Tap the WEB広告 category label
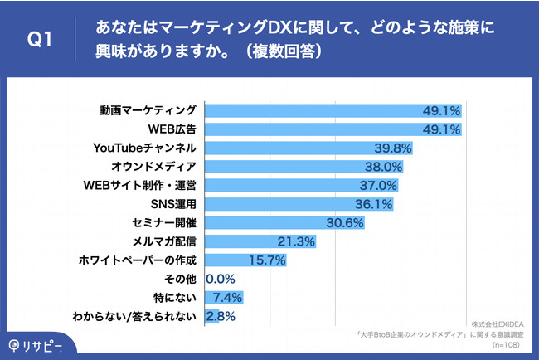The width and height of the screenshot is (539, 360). click(x=172, y=129)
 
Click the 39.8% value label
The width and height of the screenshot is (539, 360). click(x=391, y=148)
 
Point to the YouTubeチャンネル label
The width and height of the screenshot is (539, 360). click(x=146, y=148)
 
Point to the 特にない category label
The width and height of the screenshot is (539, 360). click(x=177, y=297)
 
